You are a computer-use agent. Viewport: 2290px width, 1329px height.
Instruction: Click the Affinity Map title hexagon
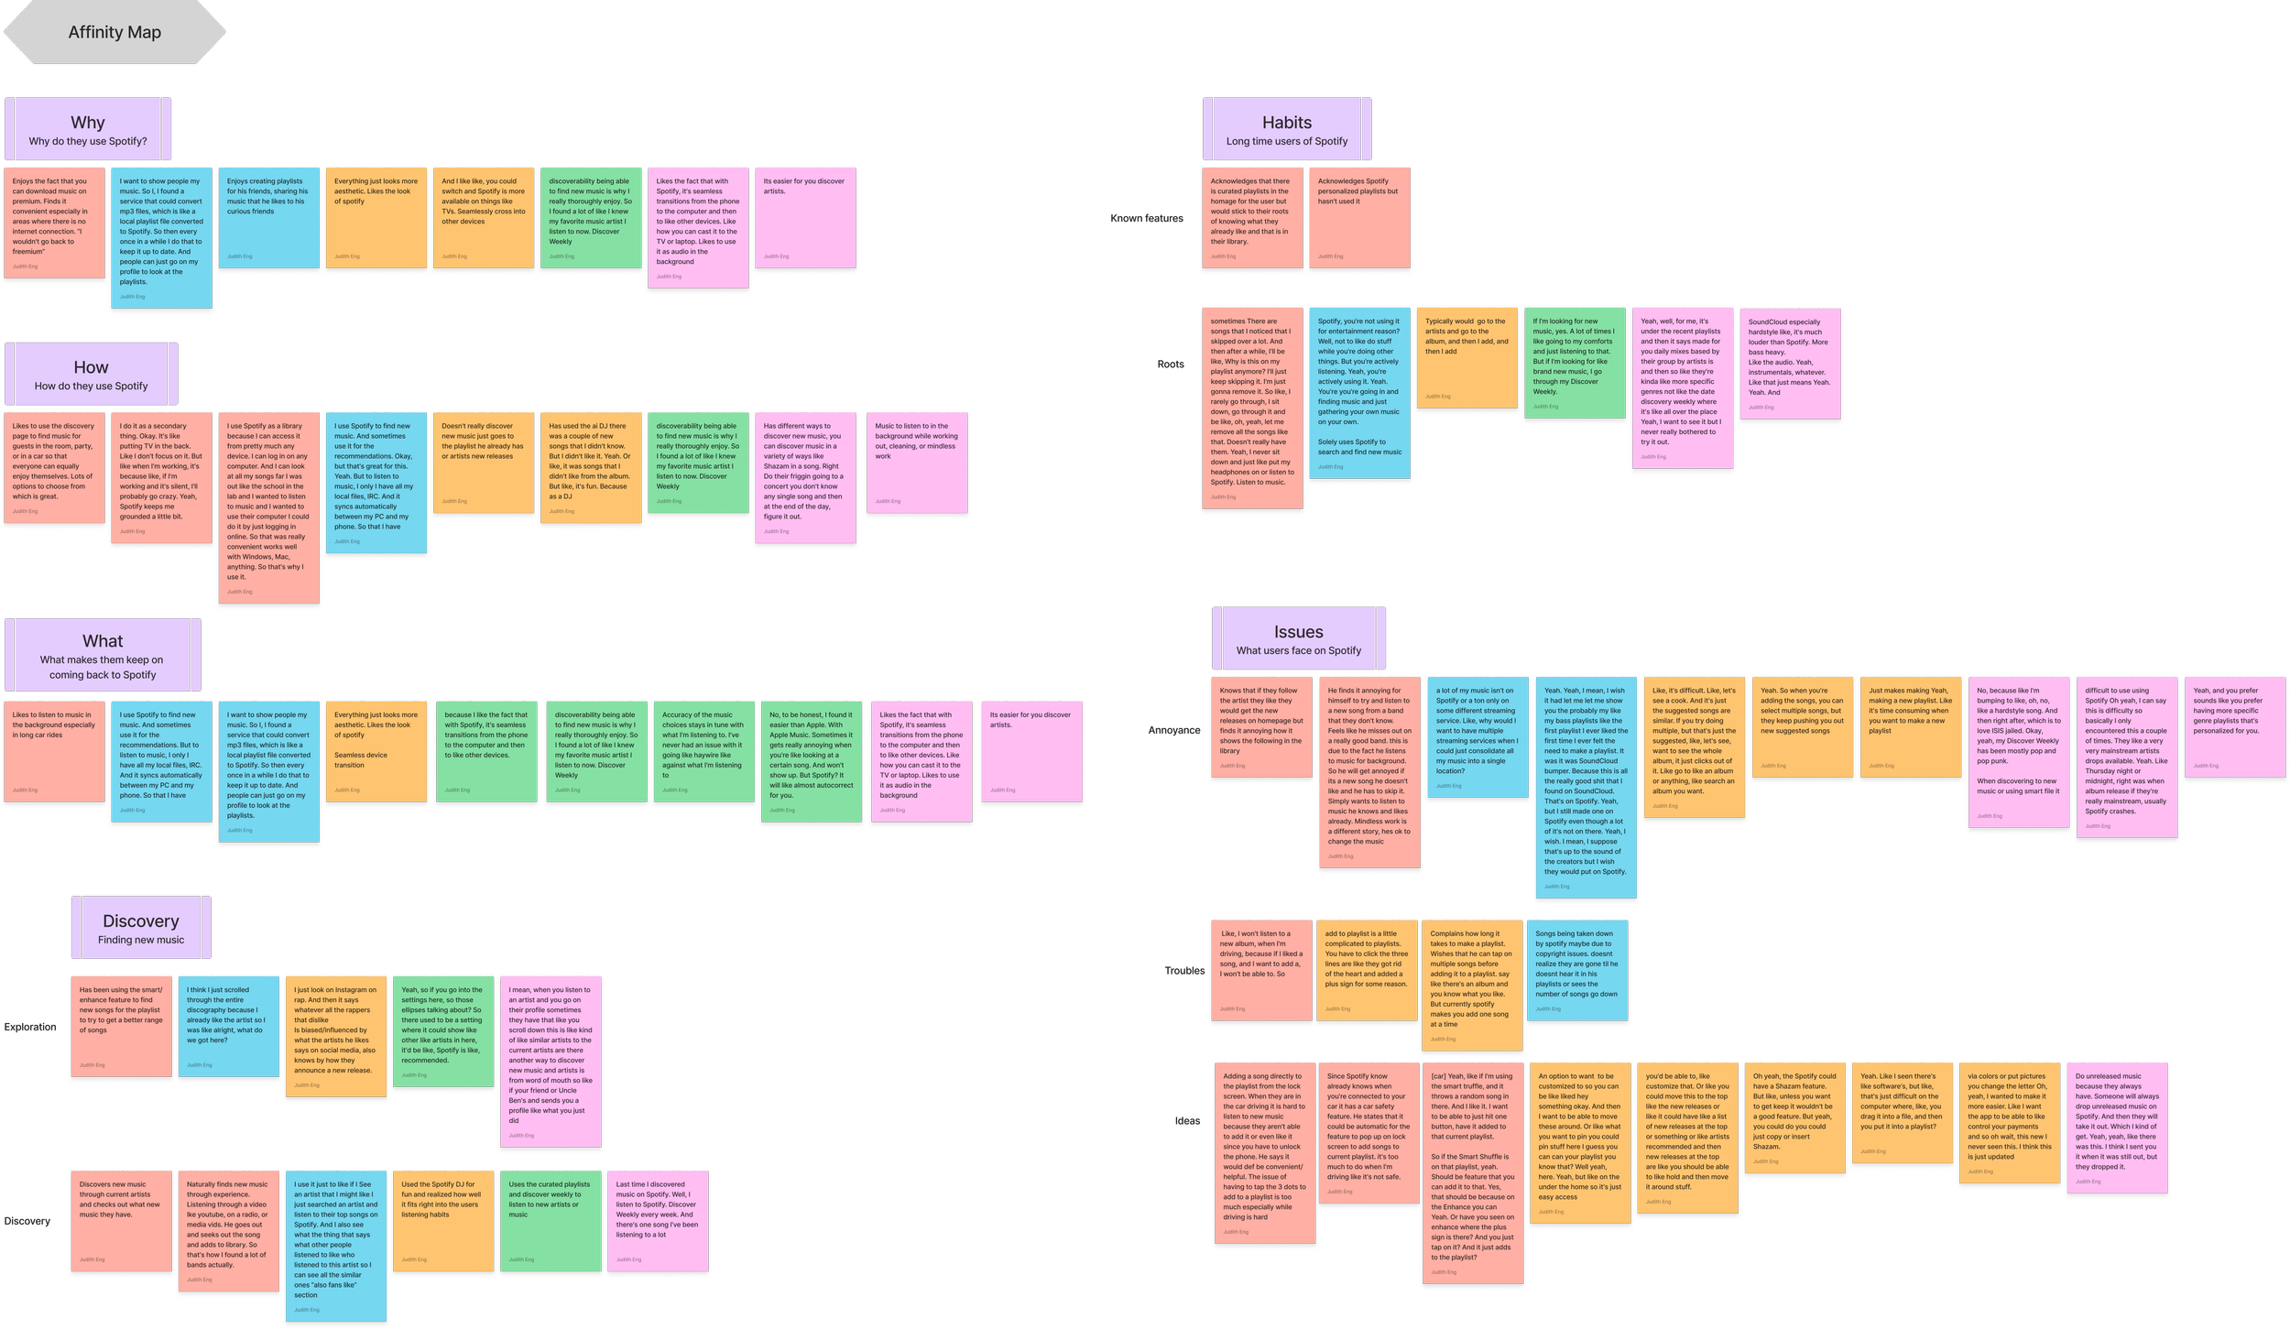114,33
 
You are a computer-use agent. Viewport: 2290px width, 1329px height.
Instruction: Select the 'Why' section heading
88,123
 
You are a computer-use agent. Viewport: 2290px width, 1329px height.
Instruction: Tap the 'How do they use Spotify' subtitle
91,386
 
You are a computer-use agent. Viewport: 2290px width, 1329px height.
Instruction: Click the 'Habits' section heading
1286,123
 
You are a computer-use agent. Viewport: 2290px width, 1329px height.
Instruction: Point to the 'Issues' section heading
1298,632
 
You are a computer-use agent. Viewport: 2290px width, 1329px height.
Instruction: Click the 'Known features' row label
1146,219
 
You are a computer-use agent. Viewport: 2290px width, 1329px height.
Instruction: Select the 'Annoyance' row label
1173,731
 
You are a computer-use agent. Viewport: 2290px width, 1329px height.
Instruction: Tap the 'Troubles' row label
1184,972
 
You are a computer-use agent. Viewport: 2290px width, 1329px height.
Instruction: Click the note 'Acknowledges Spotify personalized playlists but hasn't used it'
1358,218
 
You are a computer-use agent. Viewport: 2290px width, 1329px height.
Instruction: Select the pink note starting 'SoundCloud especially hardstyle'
1790,364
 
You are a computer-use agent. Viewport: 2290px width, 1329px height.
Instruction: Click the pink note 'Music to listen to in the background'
917,463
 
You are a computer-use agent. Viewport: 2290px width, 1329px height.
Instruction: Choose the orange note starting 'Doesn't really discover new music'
483,463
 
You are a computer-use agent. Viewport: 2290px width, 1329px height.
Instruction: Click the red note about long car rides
54,751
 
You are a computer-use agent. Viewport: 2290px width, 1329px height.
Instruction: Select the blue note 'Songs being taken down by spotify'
1576,971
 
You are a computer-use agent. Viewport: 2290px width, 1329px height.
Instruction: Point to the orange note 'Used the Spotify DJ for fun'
442,1220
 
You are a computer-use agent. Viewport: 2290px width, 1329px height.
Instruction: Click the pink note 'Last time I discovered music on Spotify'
658,1220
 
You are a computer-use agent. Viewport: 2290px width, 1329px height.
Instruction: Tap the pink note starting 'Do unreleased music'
2117,1127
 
